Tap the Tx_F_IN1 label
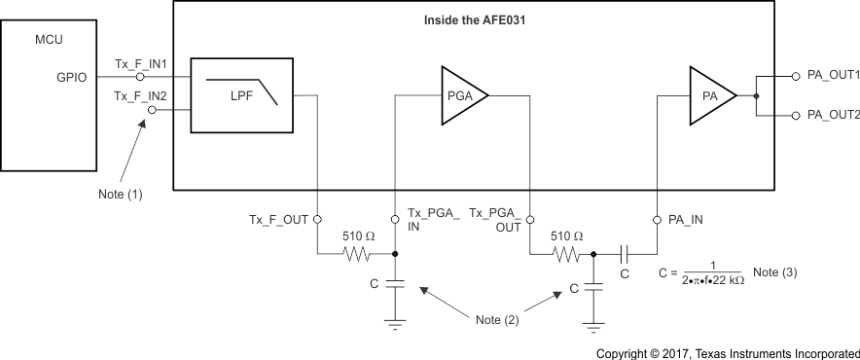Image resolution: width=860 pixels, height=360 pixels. point(141,63)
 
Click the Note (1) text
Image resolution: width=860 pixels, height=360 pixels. point(121,193)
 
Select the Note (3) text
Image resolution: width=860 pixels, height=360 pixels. point(774,271)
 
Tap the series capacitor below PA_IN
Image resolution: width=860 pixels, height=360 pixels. point(625,255)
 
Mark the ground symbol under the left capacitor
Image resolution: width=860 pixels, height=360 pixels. point(394,326)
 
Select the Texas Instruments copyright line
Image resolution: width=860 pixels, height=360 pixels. point(728,352)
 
